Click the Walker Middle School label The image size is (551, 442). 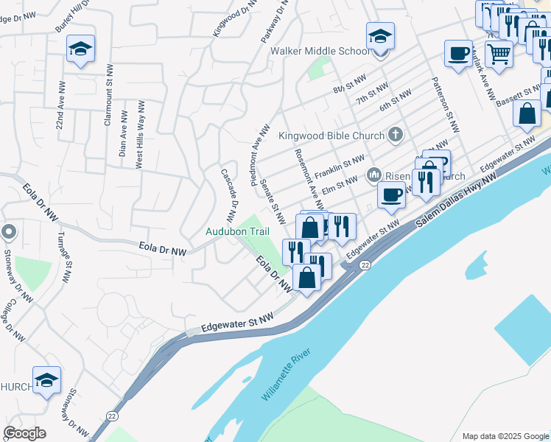pyautogui.click(x=320, y=52)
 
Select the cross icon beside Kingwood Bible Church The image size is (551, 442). pyautogui.click(x=396, y=135)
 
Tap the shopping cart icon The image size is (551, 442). pyautogui.click(x=499, y=53)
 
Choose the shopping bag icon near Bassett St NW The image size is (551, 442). pyautogui.click(x=527, y=113)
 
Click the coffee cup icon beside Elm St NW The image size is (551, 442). pyautogui.click(x=391, y=195)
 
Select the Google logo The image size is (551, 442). pyautogui.click(x=24, y=433)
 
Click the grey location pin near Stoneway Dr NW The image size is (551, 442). pyautogui.click(x=9, y=233)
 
